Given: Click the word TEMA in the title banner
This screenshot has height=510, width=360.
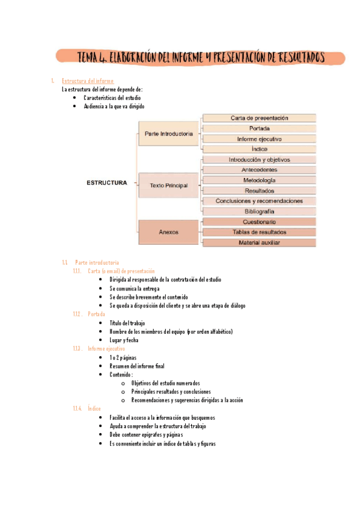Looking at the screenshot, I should (x=91, y=58).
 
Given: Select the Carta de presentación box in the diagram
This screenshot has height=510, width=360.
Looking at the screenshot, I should (x=259, y=118).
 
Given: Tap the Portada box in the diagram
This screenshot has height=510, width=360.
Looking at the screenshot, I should (x=259, y=128).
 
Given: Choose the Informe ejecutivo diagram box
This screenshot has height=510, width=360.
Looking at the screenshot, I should (x=259, y=139).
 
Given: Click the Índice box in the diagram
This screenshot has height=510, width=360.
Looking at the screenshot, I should (x=259, y=149).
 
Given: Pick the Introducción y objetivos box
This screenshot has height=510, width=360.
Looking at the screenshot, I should (x=259, y=160).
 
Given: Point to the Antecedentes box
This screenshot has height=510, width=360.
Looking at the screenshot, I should (x=259, y=170).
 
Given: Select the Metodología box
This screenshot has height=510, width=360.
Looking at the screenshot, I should (x=259, y=180).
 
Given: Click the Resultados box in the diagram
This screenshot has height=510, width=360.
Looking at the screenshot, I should (x=259, y=191).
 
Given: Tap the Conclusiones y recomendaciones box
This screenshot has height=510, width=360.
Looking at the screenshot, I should (x=259, y=201).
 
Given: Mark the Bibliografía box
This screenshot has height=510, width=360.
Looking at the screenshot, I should (x=259, y=212).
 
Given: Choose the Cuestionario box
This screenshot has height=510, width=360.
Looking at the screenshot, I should (x=259, y=222).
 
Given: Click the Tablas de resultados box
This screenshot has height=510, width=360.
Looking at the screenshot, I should (x=259, y=232).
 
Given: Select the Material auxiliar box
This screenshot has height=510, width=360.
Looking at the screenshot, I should (x=259, y=243).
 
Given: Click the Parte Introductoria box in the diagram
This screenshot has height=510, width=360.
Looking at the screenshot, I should (x=169, y=134).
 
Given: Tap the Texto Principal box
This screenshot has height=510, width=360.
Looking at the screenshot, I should (x=169, y=186).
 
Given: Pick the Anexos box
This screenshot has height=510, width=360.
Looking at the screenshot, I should (x=169, y=232).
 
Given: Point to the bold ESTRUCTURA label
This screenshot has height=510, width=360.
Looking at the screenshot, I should (x=106, y=183).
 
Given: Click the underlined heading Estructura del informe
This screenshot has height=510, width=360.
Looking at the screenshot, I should (x=88, y=81).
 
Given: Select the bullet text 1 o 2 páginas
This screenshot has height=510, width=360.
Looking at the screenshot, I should (x=123, y=358).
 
